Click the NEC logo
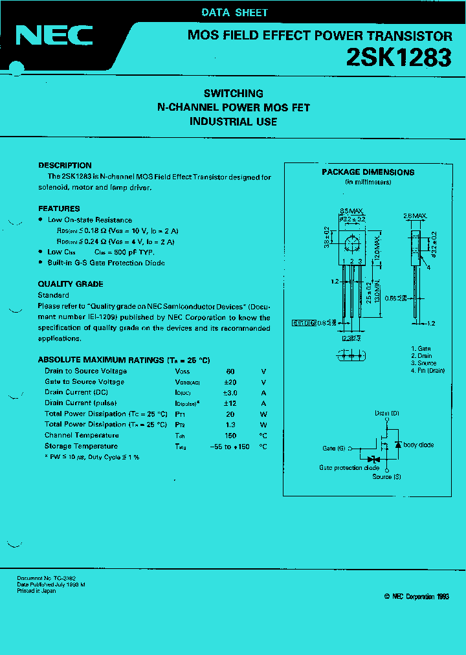tap(54, 36)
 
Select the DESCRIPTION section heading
tap(65, 165)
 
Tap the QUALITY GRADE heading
tap(71, 284)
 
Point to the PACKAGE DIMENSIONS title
tap(368, 172)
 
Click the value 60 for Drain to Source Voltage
tap(230, 372)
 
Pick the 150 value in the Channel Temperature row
tap(230, 436)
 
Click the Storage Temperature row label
tap(81, 447)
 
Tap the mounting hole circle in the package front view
tap(353, 244)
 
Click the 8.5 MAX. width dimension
tap(353, 211)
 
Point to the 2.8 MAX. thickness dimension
tap(415, 216)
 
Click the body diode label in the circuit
tap(418, 445)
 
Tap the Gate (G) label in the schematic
tap(334, 448)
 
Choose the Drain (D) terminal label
tap(386, 413)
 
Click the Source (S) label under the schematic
tap(386, 477)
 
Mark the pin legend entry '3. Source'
tap(423, 363)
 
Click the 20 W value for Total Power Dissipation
tap(230, 414)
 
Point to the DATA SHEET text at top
tap(234, 12)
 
